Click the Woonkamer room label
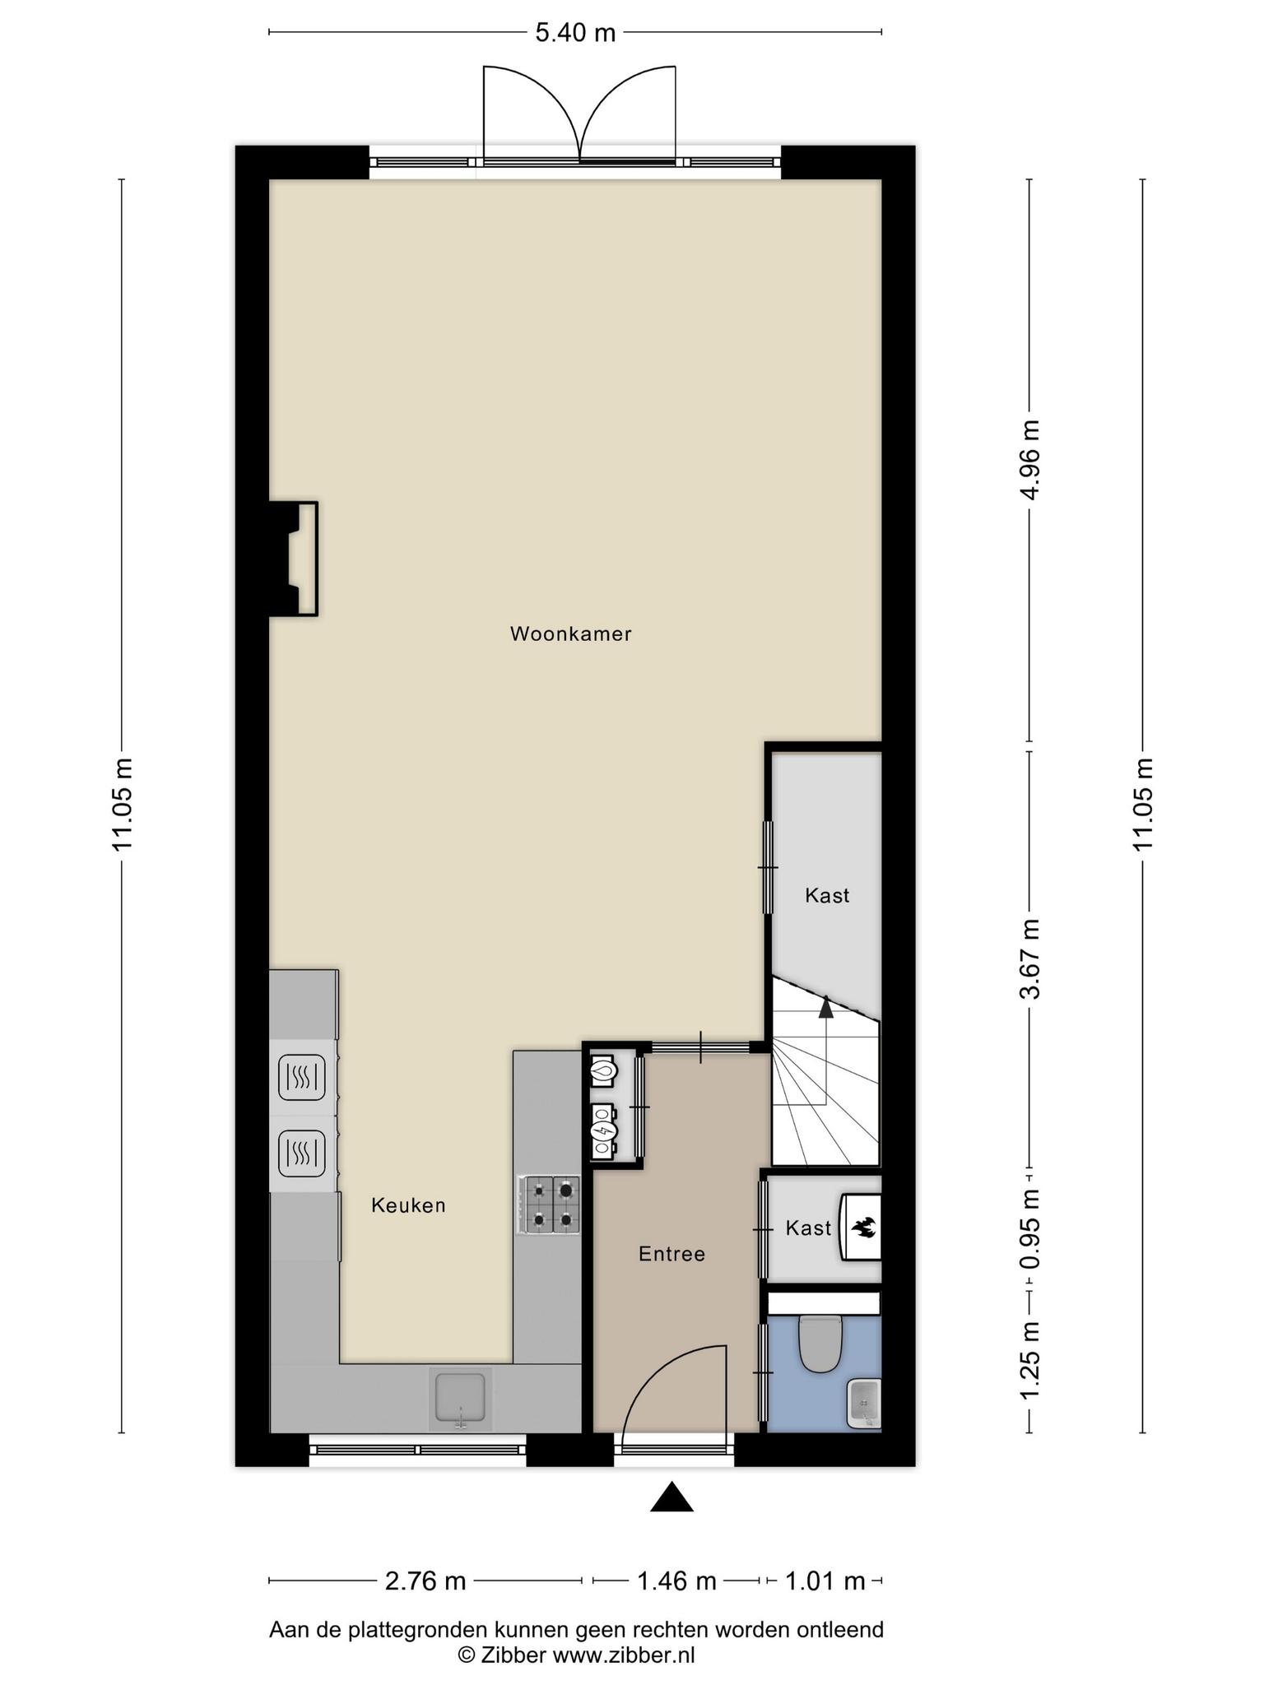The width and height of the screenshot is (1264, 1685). click(570, 634)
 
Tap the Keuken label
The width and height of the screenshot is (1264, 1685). click(408, 1205)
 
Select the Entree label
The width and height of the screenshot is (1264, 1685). click(671, 1254)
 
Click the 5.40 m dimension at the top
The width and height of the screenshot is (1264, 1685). click(575, 33)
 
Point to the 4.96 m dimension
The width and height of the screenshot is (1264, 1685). click(1029, 458)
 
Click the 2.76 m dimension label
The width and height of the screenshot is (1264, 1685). click(425, 1581)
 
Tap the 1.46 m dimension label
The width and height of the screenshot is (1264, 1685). click(676, 1581)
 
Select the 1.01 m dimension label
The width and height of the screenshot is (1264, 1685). click(825, 1581)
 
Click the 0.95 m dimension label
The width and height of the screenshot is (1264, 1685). click(1029, 1229)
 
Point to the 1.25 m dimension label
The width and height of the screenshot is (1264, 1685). click(1029, 1359)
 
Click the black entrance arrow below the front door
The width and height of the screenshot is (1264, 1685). click(671, 1497)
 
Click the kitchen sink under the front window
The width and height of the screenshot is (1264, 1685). click(460, 1399)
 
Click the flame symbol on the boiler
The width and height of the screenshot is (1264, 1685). click(864, 1228)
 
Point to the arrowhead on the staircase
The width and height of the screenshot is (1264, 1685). click(825, 1006)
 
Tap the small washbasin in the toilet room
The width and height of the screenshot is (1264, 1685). click(864, 1404)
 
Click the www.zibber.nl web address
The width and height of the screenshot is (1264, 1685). click(623, 1655)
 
